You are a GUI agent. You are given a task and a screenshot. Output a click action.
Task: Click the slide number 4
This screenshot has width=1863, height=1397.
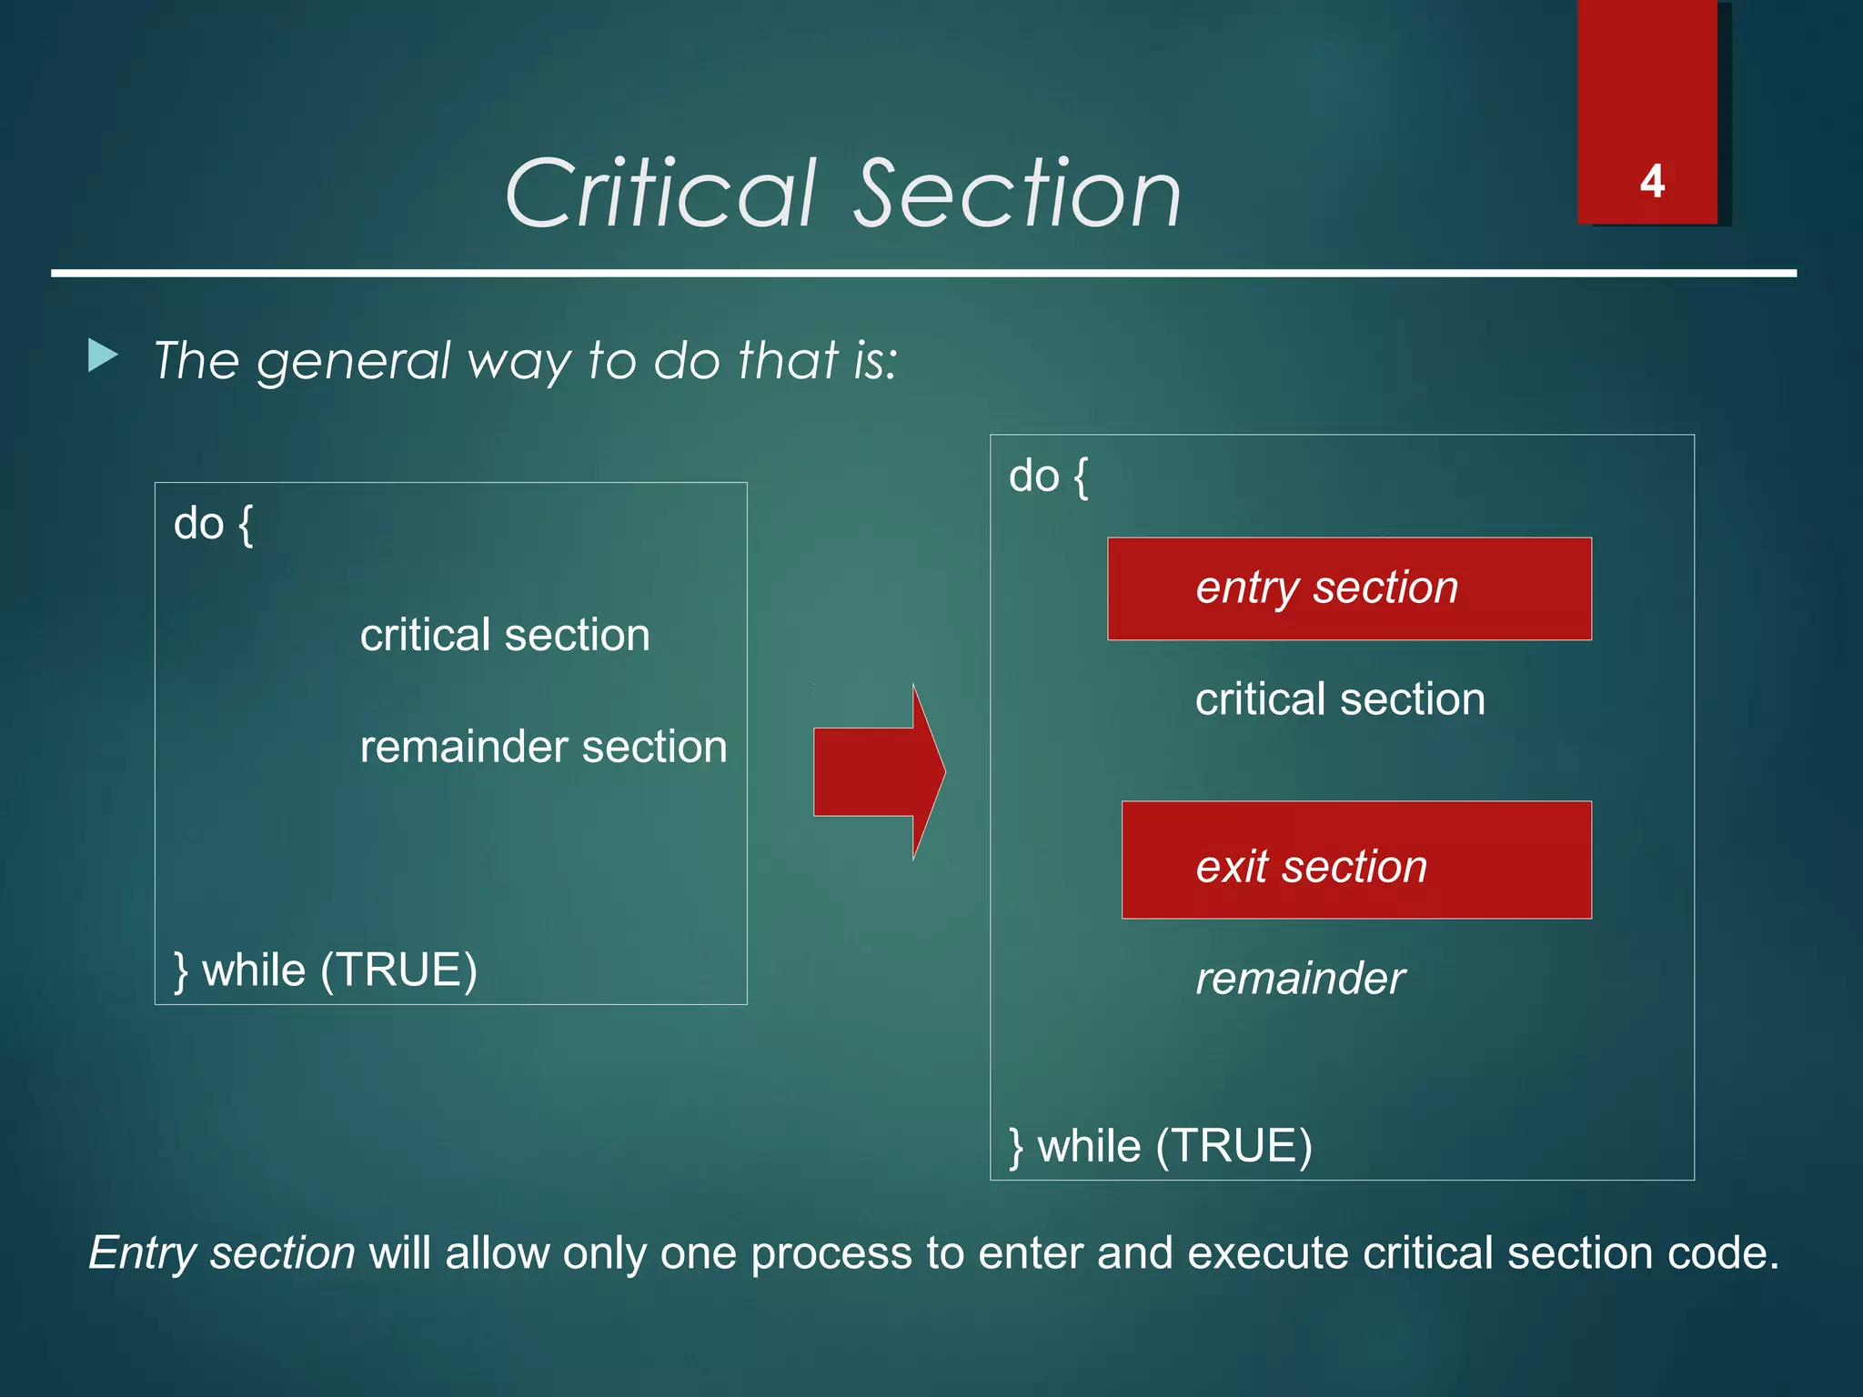pos(1652,181)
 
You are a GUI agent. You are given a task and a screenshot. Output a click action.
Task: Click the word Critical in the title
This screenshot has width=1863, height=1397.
pos(660,193)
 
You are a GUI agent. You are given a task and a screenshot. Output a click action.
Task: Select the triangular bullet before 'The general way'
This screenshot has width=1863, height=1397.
pos(103,356)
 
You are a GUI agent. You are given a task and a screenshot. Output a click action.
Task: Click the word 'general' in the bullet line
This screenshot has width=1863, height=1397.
pos(354,361)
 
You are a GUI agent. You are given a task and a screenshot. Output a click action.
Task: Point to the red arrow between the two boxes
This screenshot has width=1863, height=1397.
pos(879,771)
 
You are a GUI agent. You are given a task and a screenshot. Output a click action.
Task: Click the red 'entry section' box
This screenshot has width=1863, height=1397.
pos(1348,588)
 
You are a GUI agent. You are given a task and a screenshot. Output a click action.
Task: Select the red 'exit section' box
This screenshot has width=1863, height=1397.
pos(1355,859)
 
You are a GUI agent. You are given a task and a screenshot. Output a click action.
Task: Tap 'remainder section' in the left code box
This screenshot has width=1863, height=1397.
pos(543,747)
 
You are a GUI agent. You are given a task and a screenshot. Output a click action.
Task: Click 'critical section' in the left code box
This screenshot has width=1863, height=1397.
pos(505,635)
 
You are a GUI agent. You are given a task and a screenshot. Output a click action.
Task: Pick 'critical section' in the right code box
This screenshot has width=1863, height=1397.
pos(1339,699)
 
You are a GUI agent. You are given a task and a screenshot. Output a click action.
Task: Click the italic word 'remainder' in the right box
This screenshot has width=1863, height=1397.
pos(1300,979)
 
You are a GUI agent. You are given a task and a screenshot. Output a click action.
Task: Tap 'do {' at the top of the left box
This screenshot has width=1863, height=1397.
pos(213,524)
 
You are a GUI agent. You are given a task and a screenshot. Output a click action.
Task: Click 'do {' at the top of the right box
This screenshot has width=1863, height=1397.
pos(1048,476)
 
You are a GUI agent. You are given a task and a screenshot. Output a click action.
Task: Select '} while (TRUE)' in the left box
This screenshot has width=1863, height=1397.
pos(325,970)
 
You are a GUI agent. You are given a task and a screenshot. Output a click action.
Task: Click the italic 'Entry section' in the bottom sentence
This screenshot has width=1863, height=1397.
pos(222,1253)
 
